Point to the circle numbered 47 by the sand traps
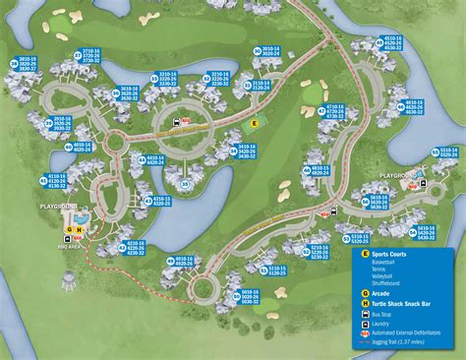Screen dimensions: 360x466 [x=320, y=107]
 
